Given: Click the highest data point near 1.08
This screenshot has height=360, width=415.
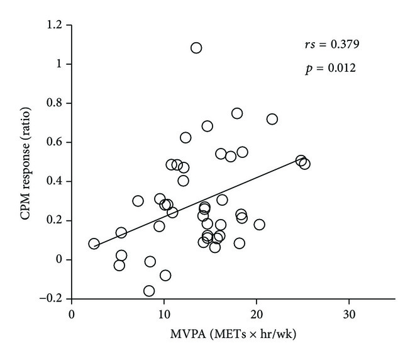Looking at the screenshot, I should pyautogui.click(x=196, y=48).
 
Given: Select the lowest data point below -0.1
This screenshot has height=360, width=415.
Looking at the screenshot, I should pyautogui.click(x=149, y=291).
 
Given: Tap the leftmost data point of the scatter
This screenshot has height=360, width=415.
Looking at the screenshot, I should pyautogui.click(x=94, y=244).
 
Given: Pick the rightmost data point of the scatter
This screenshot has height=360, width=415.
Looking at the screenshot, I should pyautogui.click(x=305, y=164).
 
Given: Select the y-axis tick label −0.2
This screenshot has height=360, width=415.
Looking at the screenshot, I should pyautogui.click(x=53, y=299).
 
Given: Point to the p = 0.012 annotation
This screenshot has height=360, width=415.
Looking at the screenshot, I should pyautogui.click(x=329, y=68).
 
